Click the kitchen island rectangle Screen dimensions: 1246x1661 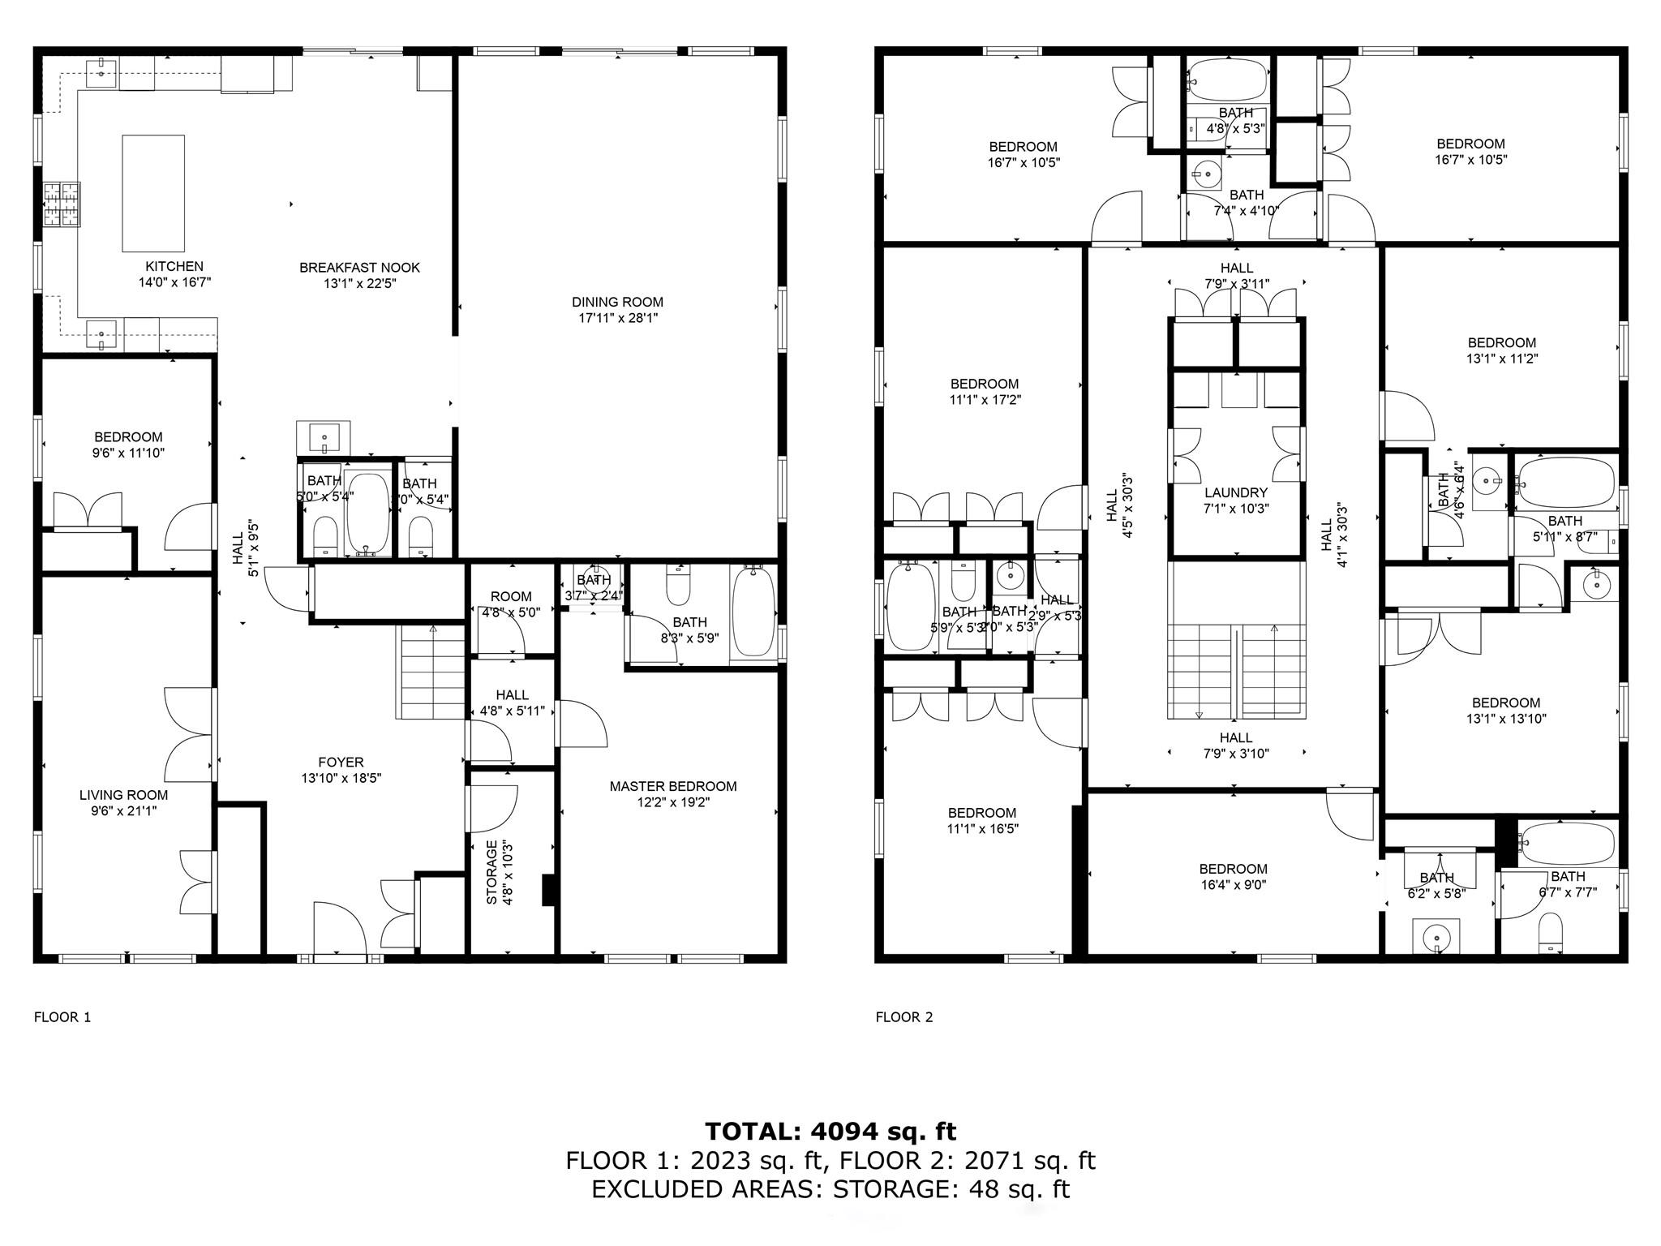pyautogui.click(x=153, y=193)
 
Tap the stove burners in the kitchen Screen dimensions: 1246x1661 pyautogui.click(x=62, y=204)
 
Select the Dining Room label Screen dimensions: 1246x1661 pyautogui.click(x=617, y=302)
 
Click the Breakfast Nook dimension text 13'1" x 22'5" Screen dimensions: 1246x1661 pyautogui.click(x=359, y=283)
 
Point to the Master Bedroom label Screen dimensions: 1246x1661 pyautogui.click(x=673, y=786)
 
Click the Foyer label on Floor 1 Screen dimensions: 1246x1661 pyautogui.click(x=341, y=762)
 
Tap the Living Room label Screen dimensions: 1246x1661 pyautogui.click(x=123, y=795)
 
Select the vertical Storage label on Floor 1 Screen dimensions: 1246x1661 pyautogui.click(x=491, y=872)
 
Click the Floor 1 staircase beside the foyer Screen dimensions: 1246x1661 pyautogui.click(x=431, y=672)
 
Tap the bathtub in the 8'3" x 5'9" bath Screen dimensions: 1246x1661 pyautogui.click(x=753, y=612)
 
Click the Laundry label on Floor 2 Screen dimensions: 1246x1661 pyautogui.click(x=1235, y=492)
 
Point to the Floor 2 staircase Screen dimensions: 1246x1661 pyautogui.click(x=1236, y=672)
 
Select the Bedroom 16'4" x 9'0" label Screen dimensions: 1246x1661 pyautogui.click(x=1233, y=869)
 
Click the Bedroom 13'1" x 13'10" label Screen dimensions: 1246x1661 pyautogui.click(x=1505, y=702)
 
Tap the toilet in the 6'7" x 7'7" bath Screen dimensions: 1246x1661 pyautogui.click(x=1550, y=934)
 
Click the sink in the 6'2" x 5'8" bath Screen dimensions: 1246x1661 pyautogui.click(x=1436, y=938)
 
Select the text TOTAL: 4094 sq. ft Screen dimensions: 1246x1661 pyautogui.click(x=830, y=1131)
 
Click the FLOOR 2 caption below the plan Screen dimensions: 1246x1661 pyautogui.click(x=903, y=1017)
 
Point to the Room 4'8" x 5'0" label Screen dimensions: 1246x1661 pyautogui.click(x=511, y=596)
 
